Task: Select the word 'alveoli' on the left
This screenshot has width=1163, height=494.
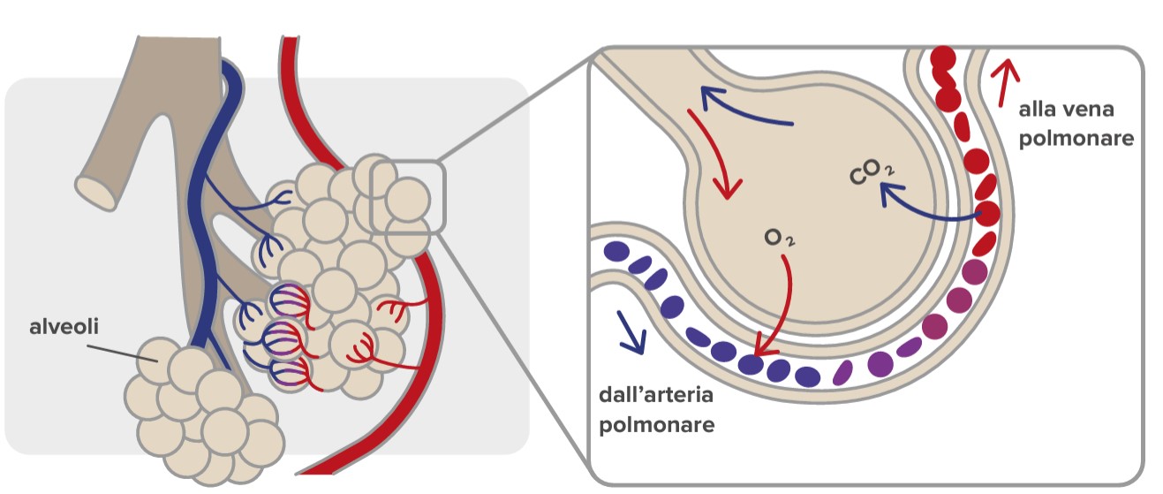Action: tap(63, 327)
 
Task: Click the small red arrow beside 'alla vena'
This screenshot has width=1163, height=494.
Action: tap(1002, 81)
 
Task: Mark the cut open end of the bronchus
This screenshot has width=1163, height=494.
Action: tap(95, 193)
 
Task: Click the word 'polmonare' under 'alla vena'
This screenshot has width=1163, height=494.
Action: tap(1076, 139)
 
